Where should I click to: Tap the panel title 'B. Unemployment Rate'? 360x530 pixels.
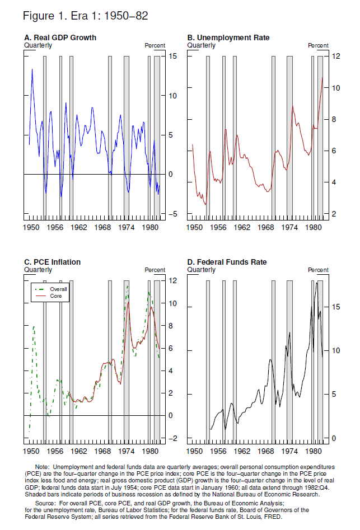click(228, 37)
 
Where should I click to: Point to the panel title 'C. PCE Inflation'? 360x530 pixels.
click(53, 262)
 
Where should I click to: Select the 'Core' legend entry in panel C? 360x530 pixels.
click(56, 296)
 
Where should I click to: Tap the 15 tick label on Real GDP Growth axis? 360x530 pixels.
click(174, 56)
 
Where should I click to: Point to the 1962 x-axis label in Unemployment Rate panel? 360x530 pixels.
click(241, 228)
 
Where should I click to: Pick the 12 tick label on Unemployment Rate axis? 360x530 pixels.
click(336, 56)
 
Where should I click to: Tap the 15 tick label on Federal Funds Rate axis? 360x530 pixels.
click(336, 307)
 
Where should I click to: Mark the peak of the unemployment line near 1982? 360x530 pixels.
click(323, 77)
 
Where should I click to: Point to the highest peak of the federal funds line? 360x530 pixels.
click(317, 283)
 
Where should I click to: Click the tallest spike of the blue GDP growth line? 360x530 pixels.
click(32, 69)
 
